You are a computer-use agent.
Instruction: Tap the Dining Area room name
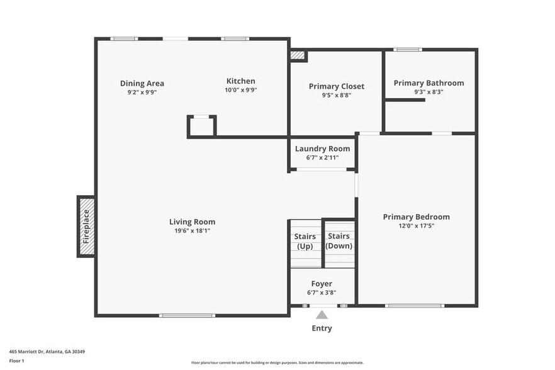point(142,83)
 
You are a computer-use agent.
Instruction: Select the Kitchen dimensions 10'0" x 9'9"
point(241,91)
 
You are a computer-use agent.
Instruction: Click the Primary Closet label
point(336,86)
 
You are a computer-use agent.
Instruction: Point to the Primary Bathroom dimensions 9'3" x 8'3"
point(429,92)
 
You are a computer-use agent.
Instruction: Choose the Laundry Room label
point(322,149)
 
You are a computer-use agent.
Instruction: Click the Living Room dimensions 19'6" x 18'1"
point(192,230)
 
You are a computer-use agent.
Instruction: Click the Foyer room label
point(322,284)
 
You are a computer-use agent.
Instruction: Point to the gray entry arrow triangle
point(322,315)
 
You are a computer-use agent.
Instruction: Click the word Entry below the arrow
point(322,328)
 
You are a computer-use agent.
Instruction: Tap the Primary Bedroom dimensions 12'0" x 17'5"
point(416,226)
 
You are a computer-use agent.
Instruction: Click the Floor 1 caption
point(16,361)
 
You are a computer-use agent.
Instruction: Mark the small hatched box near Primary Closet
point(298,55)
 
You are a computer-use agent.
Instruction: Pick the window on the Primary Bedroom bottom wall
point(414,306)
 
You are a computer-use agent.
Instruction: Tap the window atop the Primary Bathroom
point(408,49)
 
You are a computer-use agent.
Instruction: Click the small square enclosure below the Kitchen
point(201,126)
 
